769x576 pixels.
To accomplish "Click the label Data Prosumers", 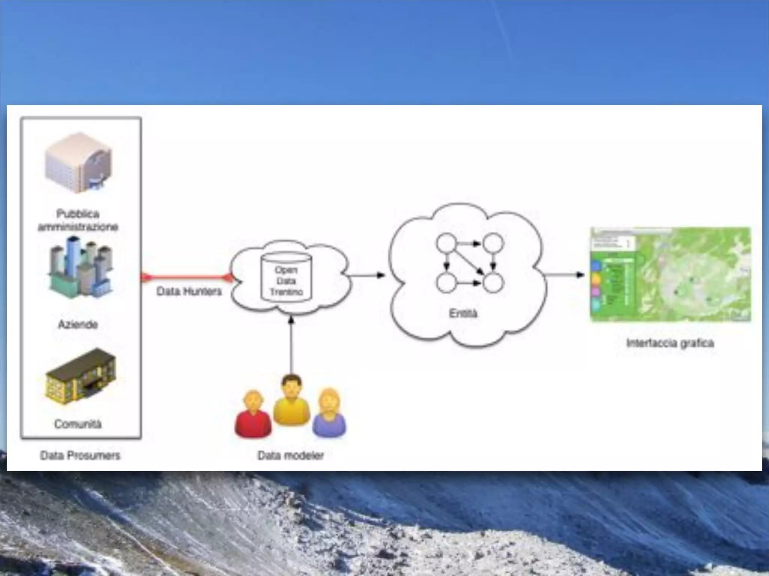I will click(80, 455).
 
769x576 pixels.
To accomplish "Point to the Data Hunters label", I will click(189, 291).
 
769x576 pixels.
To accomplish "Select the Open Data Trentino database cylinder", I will click(286, 277).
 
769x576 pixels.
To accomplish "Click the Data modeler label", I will click(291, 455).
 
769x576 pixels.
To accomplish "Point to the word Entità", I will click(463, 313).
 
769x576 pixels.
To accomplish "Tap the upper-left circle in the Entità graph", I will click(446, 243).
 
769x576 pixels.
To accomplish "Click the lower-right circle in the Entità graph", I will click(493, 283).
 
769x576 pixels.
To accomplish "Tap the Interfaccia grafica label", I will click(670, 343).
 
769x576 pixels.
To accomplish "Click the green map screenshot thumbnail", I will click(671, 274).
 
